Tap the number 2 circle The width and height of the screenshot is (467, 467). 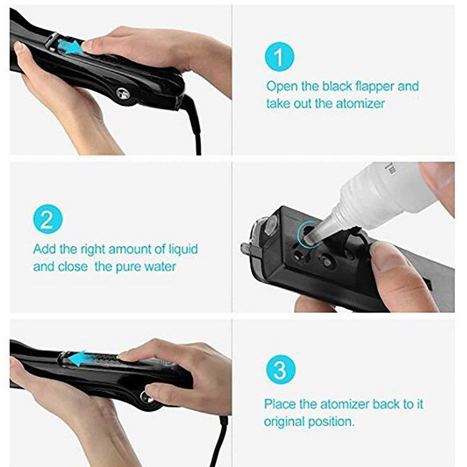point(47,219)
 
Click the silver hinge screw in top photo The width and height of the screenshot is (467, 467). point(123,92)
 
